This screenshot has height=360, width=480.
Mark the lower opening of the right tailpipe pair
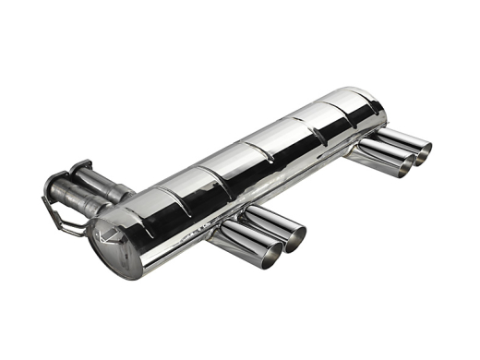[404, 164]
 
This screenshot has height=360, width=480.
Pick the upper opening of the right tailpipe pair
[422, 150]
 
